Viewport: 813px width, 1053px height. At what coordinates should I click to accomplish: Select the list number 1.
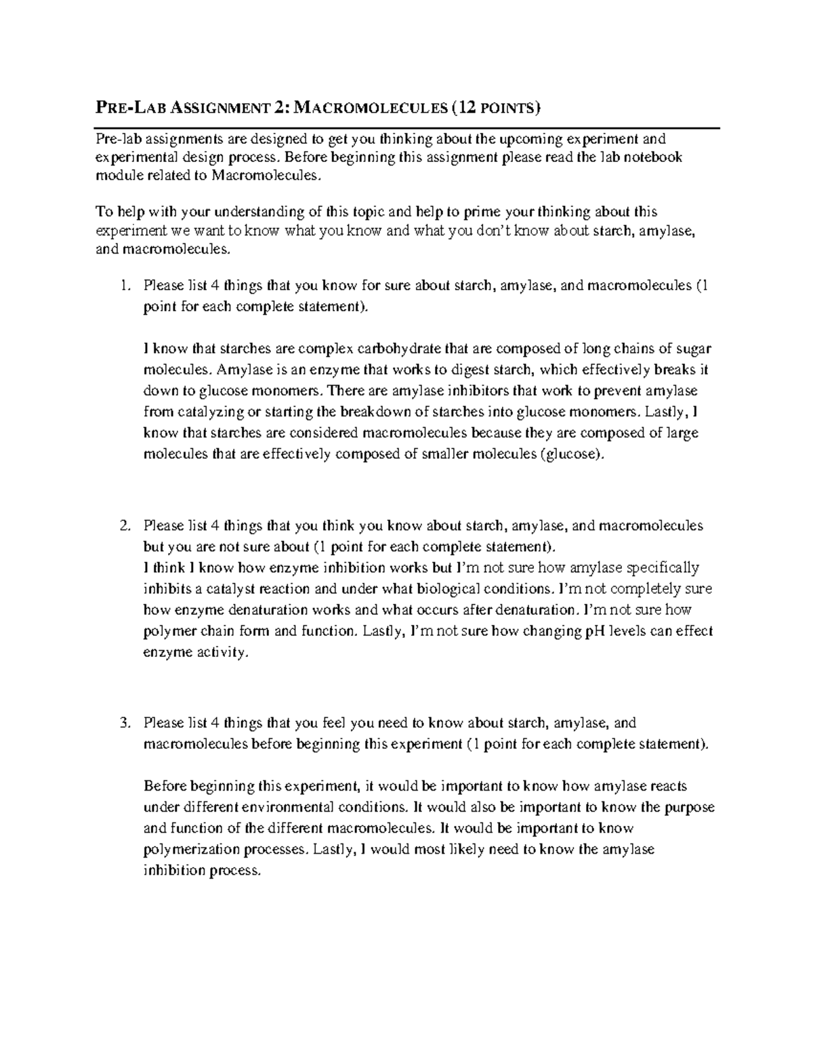point(123,286)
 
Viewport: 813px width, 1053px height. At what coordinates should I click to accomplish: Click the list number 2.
point(123,525)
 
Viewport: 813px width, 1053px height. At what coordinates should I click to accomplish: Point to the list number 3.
point(123,723)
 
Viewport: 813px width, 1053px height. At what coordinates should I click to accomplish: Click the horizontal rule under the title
point(406,127)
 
